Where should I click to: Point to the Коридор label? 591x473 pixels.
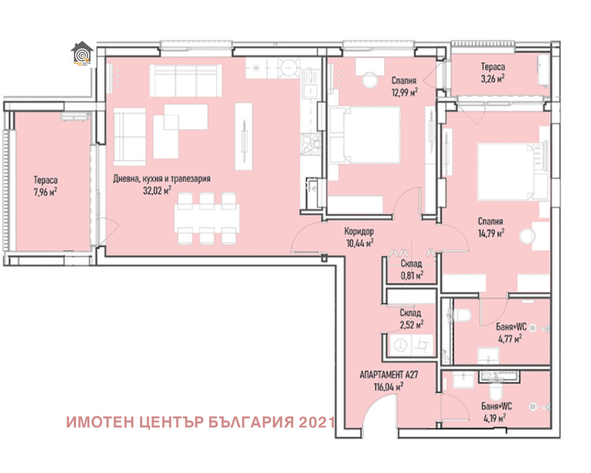click(359, 231)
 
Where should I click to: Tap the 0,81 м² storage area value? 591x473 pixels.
click(411, 274)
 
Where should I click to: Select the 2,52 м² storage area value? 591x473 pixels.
click(411, 323)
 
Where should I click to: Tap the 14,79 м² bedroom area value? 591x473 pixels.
click(492, 233)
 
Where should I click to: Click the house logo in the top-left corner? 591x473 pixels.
click(82, 55)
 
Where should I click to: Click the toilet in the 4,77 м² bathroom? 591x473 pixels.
click(462, 316)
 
